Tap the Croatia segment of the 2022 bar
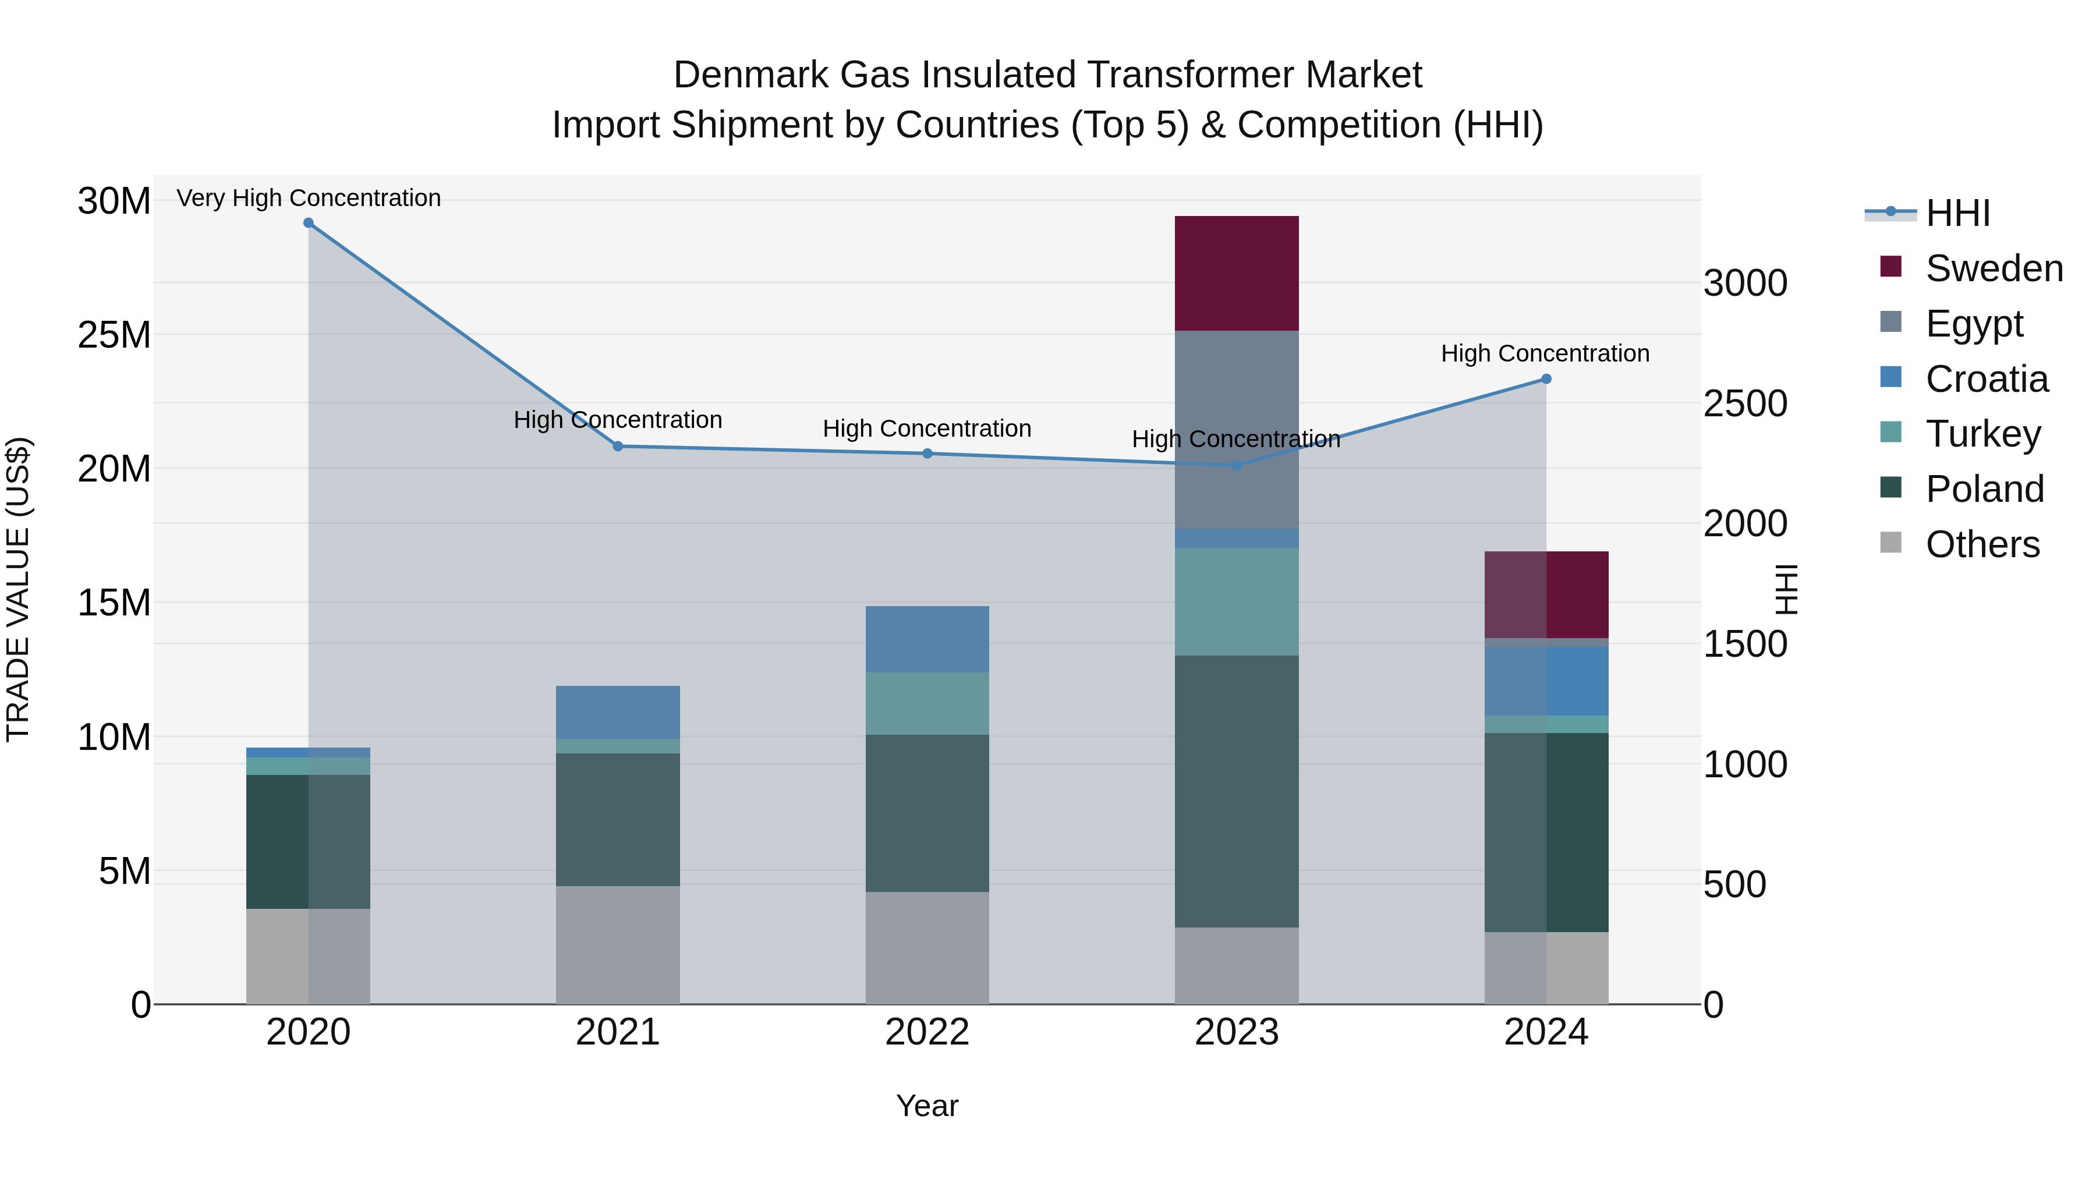tap(927, 639)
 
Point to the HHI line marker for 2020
tap(309, 223)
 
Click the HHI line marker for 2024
tap(1546, 379)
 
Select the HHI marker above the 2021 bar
tap(618, 446)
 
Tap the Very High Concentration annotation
tap(309, 198)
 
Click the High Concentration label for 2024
tap(1545, 353)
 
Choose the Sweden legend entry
tap(1994, 268)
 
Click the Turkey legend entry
tap(1983, 434)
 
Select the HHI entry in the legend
tap(1957, 213)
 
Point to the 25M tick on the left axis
tap(114, 334)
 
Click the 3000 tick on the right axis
tap(1746, 283)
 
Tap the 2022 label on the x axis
tap(927, 1032)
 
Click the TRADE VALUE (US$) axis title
tap(18, 589)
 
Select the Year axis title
tap(927, 1106)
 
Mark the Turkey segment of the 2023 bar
tap(1236, 601)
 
